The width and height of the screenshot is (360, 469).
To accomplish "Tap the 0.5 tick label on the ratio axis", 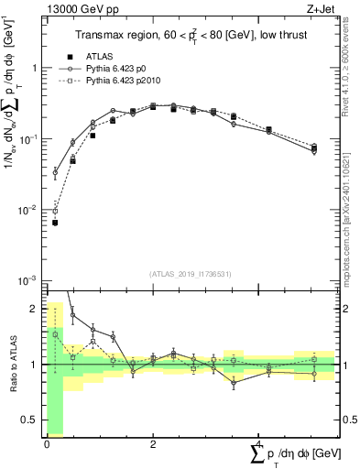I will click(29, 420).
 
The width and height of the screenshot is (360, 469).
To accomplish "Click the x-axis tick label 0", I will click(47, 443).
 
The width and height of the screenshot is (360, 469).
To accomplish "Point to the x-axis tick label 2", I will click(153, 443).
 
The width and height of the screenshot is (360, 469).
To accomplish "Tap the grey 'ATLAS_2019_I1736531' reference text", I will click(191, 273).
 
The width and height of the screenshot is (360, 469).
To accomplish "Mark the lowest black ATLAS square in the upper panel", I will click(55, 223).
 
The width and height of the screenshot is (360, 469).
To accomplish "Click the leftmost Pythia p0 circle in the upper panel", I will click(55, 172).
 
